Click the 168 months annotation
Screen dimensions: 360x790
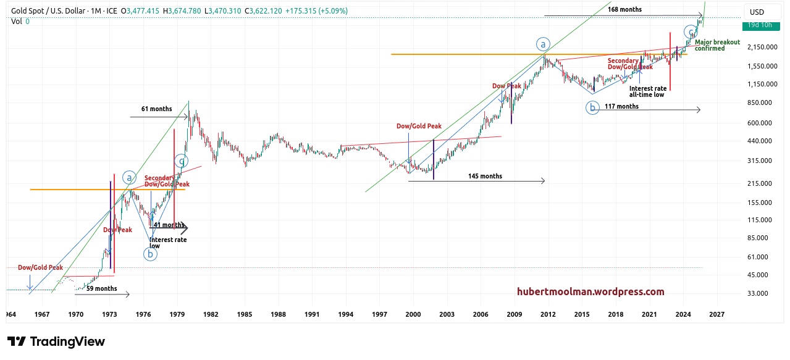624,9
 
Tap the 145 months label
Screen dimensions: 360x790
485,176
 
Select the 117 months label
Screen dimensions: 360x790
621,106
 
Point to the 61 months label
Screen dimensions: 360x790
156,109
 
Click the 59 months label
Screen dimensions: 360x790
101,288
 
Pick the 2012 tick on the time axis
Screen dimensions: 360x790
547,314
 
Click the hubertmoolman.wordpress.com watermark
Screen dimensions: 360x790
590,291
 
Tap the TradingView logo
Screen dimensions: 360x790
56,341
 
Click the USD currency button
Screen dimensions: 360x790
756,12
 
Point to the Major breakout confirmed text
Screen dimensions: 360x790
717,45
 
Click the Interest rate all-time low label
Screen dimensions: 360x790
648,91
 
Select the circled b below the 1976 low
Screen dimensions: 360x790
150,253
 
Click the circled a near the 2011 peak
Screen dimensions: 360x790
542,44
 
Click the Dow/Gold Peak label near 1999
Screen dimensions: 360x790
419,126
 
